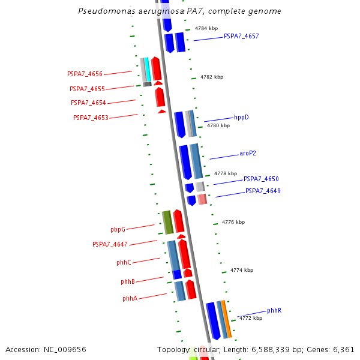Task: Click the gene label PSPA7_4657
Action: (x=241, y=36)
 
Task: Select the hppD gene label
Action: (x=241, y=117)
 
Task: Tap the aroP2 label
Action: (x=248, y=153)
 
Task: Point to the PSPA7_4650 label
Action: (x=261, y=179)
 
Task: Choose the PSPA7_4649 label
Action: (x=263, y=191)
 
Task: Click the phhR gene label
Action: (x=274, y=310)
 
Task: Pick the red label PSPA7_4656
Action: (x=85, y=74)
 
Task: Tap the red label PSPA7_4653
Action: (x=91, y=118)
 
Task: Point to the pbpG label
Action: (x=118, y=229)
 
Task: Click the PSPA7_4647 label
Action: (x=110, y=244)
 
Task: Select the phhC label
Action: (x=124, y=262)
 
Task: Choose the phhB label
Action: (x=127, y=281)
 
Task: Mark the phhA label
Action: (x=130, y=298)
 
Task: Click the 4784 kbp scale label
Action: (x=206, y=28)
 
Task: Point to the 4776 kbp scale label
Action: (x=233, y=222)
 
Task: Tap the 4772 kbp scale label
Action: (x=251, y=318)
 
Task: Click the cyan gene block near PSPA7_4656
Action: (x=147, y=69)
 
